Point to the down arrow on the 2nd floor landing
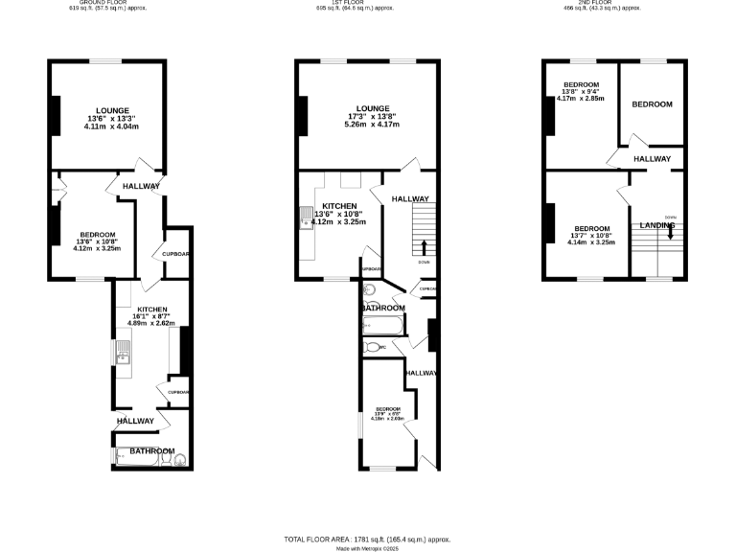pos(670,233)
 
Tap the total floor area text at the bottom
pos(367,539)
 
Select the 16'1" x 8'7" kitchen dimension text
pos(149,316)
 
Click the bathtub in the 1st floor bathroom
pos(383,327)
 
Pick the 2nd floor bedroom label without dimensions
pos(652,104)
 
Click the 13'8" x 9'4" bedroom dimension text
pos(582,92)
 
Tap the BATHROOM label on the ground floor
pos(152,450)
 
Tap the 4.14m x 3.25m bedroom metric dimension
pos(591,242)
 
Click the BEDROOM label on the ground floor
pos(98,235)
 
